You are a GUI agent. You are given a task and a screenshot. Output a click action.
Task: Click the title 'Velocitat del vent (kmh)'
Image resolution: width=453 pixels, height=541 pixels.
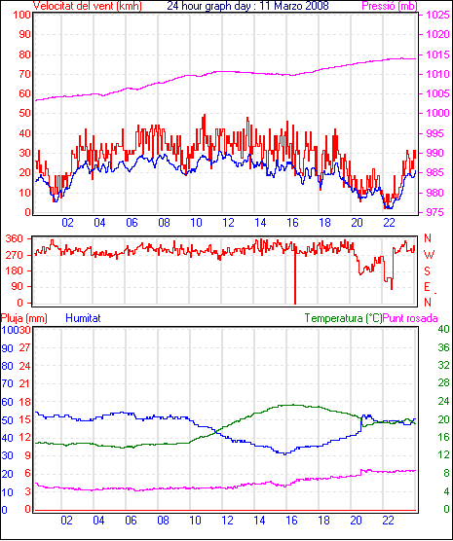tap(88, 6)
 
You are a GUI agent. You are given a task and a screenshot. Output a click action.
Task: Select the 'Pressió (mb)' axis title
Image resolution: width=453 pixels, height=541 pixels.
tap(390, 6)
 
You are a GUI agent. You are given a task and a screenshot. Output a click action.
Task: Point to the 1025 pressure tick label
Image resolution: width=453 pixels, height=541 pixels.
tap(437, 15)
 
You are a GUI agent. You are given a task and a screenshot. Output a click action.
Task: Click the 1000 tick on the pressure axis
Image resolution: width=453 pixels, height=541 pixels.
tap(437, 113)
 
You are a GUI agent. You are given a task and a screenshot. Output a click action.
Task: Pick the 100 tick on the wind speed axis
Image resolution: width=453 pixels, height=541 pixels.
tap(22, 15)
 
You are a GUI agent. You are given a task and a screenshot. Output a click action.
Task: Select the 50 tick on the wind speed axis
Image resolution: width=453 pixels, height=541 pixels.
tap(25, 113)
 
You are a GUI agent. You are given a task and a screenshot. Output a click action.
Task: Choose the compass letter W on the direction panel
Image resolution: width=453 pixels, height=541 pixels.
tap(429, 255)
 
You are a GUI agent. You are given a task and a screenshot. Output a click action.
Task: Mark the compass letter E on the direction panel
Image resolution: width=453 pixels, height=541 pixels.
tap(427, 287)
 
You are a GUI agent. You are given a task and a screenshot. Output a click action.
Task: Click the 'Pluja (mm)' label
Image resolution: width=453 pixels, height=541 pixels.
tap(24, 318)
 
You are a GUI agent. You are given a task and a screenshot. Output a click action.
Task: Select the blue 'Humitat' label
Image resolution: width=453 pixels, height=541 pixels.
tap(83, 318)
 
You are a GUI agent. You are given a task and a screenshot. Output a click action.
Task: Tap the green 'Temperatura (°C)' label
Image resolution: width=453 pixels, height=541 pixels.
tap(344, 318)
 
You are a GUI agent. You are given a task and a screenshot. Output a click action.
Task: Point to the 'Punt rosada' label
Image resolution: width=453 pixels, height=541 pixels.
tap(410, 318)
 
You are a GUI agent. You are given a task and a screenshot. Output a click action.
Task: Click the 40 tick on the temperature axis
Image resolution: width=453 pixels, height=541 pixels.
tap(443, 329)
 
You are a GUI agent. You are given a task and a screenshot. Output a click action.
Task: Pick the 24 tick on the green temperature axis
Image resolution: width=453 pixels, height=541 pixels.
tap(443, 401)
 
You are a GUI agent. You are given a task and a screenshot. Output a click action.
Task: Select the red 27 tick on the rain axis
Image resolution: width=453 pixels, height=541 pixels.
tap(25, 347)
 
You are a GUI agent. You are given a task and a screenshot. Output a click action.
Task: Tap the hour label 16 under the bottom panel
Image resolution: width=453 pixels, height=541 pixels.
tap(291, 520)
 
